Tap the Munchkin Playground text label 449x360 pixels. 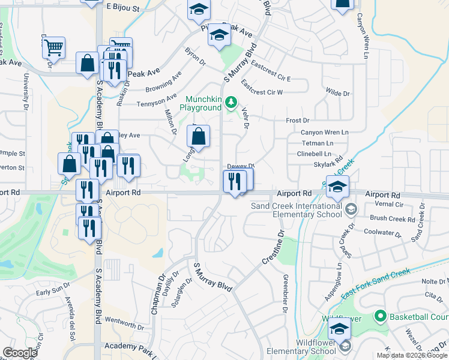tap(203, 103)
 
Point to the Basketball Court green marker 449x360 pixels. tap(379, 316)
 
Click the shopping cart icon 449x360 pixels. tap(54, 47)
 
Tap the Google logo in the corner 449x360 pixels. tap(20, 353)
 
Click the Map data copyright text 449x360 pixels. tap(412, 355)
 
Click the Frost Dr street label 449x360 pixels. tap(297, 121)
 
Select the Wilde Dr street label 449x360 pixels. tap(337, 94)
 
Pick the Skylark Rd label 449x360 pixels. tap(328, 164)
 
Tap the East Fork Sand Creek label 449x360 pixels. tap(376, 282)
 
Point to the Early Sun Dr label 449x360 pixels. tap(49, 292)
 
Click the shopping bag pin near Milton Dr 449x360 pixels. tap(198, 136)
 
